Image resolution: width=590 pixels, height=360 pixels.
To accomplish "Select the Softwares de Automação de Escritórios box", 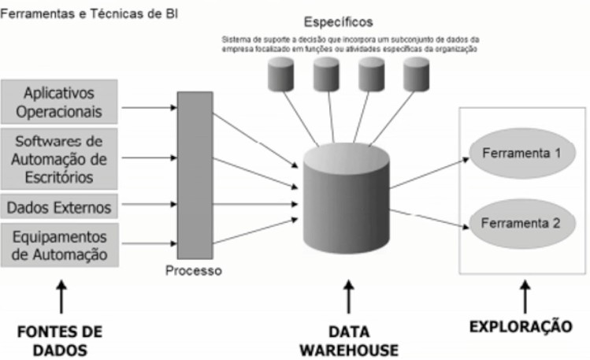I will coord(59,158).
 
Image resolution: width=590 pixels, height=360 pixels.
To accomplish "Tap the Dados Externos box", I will coord(59,208).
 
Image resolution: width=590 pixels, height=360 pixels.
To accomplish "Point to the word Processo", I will coord(194,272).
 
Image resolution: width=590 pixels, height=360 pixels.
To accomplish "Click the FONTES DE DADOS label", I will coord(61,337).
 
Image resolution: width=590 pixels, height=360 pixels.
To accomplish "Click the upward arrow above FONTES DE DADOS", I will coord(61,300).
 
